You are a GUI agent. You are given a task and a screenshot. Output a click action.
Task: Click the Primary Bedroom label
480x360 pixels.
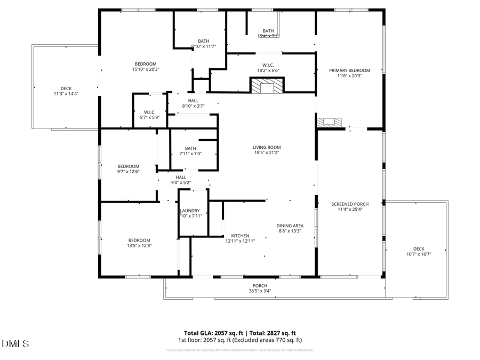coord(349,70)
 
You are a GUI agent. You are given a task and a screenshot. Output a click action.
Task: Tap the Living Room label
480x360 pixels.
coord(267,147)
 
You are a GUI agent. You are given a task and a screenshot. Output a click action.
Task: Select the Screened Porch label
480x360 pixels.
coord(349,204)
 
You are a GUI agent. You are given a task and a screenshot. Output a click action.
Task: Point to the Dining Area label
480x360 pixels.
coord(290,226)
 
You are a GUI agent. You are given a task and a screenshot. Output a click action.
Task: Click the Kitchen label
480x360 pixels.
coord(240,236)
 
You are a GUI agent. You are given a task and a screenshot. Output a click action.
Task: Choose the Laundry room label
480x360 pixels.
coord(190,211)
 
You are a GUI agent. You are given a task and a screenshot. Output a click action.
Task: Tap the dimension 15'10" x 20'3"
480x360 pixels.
coord(146,69)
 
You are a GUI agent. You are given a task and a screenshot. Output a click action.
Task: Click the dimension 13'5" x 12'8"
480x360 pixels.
coord(139,246)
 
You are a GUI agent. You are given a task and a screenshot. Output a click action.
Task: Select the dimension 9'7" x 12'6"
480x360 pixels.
coord(128,172)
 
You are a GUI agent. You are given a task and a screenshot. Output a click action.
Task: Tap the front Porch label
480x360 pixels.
coord(260,285)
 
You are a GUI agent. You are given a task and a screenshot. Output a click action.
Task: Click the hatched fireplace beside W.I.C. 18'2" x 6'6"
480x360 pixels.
coord(267,85)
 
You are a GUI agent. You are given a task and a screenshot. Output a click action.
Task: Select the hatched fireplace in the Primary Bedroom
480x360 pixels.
coord(329,122)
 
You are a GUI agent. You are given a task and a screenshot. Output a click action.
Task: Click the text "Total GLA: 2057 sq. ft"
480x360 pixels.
coord(209,333)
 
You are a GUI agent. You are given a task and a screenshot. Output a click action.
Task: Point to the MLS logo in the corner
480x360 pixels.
coord(15,343)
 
